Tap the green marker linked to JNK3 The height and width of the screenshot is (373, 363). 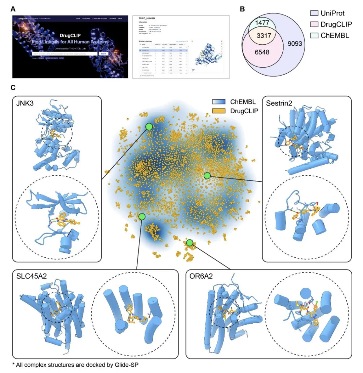point(149,126)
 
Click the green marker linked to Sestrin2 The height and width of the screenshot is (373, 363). point(207,175)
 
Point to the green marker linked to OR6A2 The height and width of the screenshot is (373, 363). point(190,243)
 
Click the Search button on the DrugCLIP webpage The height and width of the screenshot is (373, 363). point(103,54)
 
